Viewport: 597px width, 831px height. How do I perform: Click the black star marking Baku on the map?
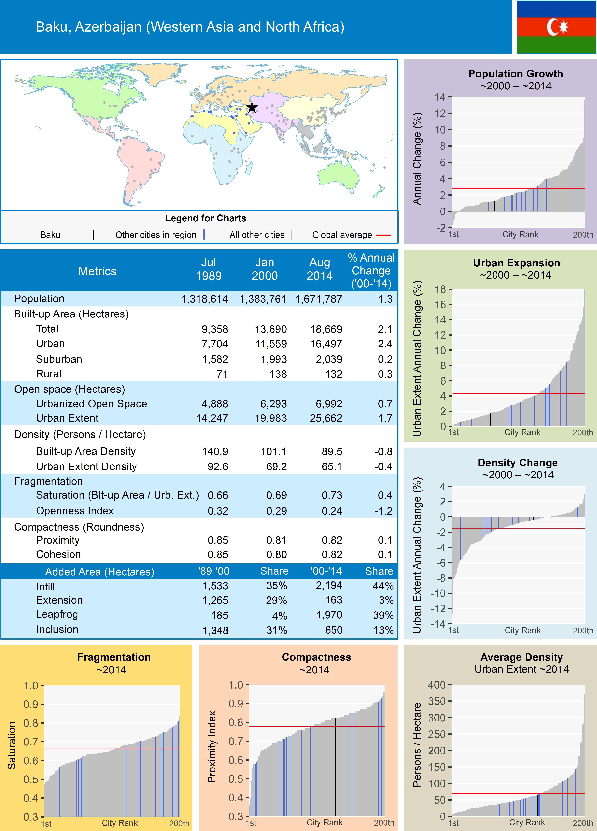click(x=252, y=107)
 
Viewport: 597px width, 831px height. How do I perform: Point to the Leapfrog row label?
click(x=57, y=615)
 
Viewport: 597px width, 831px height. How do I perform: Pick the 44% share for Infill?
click(x=383, y=586)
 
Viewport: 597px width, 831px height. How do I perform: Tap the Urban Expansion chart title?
click(x=516, y=263)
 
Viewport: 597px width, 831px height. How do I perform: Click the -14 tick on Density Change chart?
click(x=438, y=624)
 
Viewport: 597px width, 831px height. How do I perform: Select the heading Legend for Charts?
click(x=205, y=218)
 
